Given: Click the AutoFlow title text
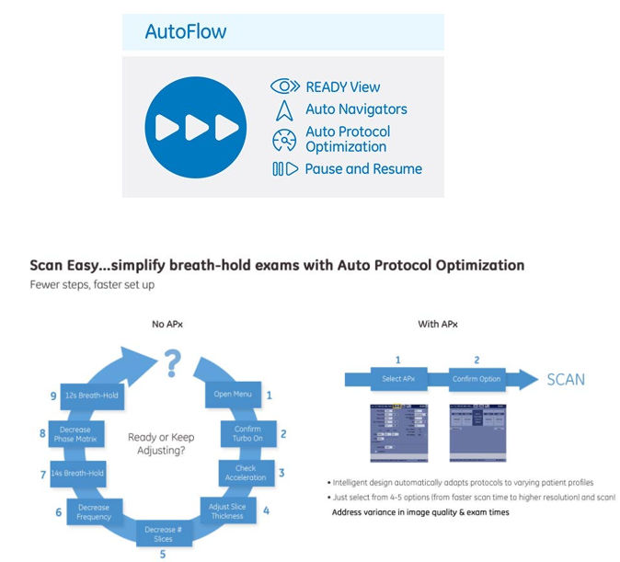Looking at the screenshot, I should (x=186, y=32).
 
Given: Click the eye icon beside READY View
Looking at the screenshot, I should (x=286, y=86).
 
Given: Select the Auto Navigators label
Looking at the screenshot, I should (x=356, y=109).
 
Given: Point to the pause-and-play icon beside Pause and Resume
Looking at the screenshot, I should (x=284, y=169).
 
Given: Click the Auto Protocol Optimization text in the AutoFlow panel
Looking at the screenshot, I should (x=348, y=139).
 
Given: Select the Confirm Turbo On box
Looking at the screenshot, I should (x=247, y=433).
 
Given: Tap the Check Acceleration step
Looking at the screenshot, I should (x=246, y=472).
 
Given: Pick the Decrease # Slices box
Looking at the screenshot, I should (x=161, y=533).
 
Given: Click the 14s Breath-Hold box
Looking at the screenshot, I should (x=79, y=473).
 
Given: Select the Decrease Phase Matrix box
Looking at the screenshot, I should (x=75, y=434).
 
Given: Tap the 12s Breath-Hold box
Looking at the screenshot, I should (x=90, y=396).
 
